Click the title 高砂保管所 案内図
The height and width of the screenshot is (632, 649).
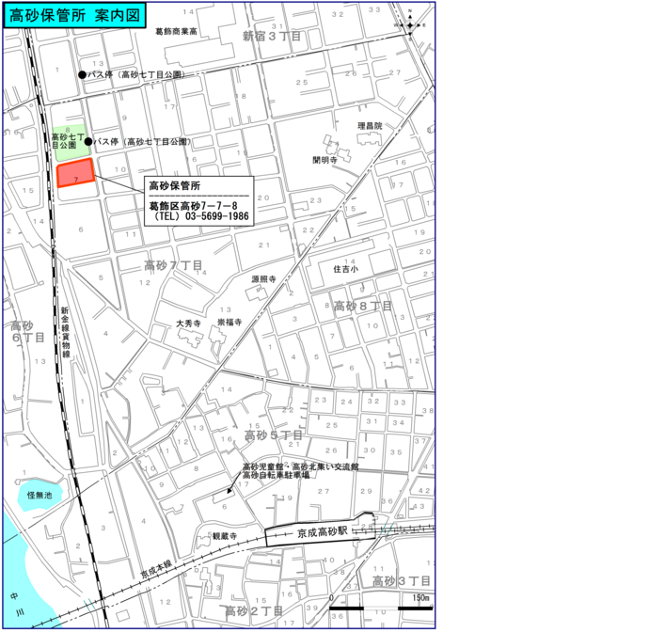(x=73, y=15)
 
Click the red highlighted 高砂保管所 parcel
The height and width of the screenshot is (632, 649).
(x=75, y=174)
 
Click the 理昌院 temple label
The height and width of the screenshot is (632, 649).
(x=370, y=125)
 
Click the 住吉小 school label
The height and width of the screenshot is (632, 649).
(x=347, y=268)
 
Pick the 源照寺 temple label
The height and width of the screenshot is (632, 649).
(x=262, y=279)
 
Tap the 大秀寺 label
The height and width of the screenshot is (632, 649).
(x=189, y=323)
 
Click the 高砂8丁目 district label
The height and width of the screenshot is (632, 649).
(x=362, y=306)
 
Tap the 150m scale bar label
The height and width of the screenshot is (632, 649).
(x=419, y=598)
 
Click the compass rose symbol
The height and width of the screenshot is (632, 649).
(x=413, y=20)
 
